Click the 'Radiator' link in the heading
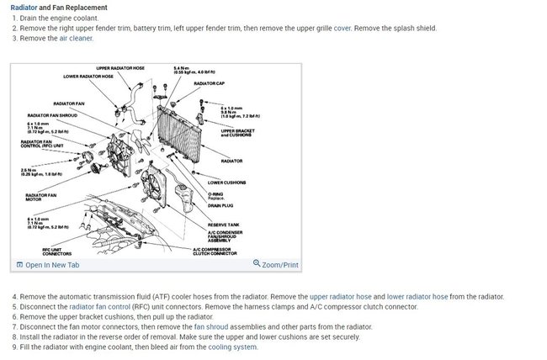(24, 8)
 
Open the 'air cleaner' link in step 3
(76, 38)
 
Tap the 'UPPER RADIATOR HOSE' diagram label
(120, 67)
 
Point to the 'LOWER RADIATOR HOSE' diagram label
(88, 76)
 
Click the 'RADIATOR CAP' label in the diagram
(210, 83)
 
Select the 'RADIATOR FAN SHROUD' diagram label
(54, 115)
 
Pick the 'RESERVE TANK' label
(225, 225)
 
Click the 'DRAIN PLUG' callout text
(221, 205)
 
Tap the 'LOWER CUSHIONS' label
(226, 182)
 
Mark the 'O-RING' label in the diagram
(216, 193)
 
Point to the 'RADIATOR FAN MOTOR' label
(41, 198)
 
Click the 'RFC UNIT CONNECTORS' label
(57, 251)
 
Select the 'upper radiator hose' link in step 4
(340, 296)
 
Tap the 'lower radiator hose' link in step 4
(417, 296)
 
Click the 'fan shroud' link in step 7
(210, 326)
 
